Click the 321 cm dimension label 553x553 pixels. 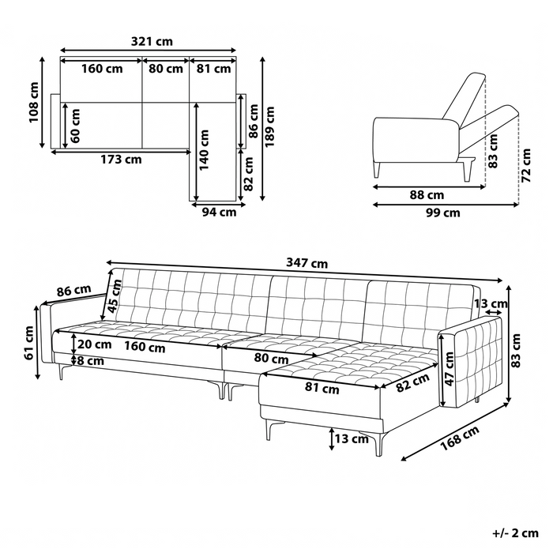(x=152, y=41)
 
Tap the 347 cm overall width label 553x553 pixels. (x=307, y=263)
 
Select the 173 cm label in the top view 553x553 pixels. (x=122, y=160)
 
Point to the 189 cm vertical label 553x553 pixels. (x=269, y=127)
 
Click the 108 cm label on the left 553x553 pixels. (x=34, y=103)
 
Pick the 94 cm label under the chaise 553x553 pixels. (x=219, y=213)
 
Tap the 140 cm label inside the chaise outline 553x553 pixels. (x=205, y=150)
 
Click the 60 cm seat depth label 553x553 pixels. (x=75, y=126)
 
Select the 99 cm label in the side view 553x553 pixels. (x=443, y=213)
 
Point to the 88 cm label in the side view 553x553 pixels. (x=427, y=194)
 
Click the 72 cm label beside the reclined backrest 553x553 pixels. (x=526, y=165)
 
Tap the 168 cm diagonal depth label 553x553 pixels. (x=460, y=438)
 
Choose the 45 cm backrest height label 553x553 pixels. (x=115, y=296)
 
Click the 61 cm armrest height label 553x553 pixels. (x=28, y=343)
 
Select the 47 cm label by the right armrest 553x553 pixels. (x=449, y=369)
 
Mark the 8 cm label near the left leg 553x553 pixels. (x=91, y=361)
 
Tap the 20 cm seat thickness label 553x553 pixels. (x=94, y=344)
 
